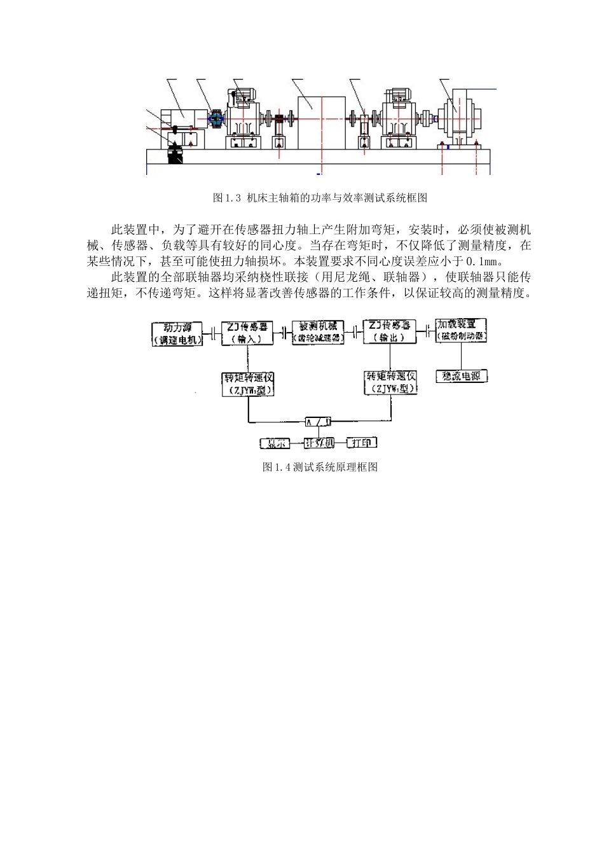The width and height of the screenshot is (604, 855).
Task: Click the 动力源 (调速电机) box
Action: click(178, 333)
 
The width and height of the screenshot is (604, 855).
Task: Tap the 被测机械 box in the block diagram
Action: click(318, 332)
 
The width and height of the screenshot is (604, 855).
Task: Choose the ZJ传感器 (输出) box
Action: click(390, 331)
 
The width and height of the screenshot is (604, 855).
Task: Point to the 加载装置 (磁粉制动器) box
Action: click(462, 329)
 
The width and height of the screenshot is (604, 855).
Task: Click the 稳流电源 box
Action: click(462, 376)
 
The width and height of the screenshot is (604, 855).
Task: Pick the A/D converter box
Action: click(318, 421)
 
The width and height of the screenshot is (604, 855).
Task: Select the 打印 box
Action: click(361, 443)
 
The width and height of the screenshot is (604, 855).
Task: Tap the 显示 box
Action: click(275, 443)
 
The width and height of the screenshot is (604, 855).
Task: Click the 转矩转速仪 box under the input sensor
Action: click(248, 384)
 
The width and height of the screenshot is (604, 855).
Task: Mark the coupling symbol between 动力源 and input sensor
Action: click(212, 333)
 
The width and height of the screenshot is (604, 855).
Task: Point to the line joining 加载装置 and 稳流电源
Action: click(462, 356)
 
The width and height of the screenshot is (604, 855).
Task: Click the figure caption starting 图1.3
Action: click(320, 197)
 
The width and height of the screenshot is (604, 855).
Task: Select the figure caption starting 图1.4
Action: click(320, 467)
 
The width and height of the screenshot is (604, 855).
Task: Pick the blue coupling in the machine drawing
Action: click(217, 118)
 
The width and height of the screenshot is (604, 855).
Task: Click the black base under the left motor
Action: click(175, 155)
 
